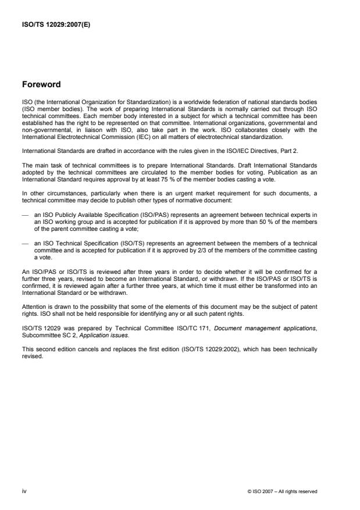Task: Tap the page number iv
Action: [x=24, y=491]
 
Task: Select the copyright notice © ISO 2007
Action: [x=282, y=492]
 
